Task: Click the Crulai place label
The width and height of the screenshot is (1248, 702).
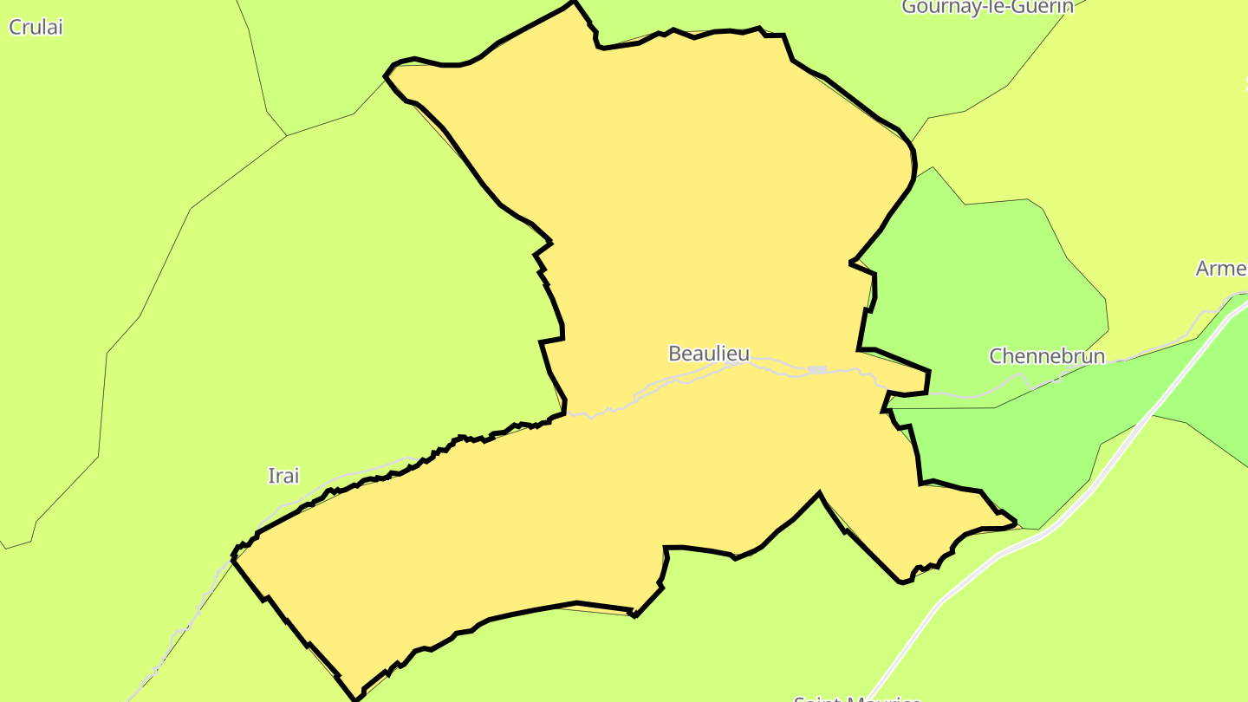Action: coord(36,27)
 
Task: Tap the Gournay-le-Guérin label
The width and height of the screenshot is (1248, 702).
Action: coord(987,7)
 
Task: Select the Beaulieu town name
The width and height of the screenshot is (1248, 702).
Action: coord(709,354)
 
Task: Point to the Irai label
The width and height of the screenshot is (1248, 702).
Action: coord(283,476)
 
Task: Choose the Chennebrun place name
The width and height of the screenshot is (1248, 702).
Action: coord(1047,356)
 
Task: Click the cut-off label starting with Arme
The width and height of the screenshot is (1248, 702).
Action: coord(1221,269)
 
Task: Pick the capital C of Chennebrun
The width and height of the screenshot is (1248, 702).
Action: coord(997,356)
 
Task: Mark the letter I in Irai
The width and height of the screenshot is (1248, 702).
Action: coord(270,476)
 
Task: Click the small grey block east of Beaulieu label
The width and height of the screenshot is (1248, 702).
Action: coord(817,370)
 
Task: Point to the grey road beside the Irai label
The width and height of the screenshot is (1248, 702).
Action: coord(347,475)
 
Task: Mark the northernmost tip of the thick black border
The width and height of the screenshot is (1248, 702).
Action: coord(573,3)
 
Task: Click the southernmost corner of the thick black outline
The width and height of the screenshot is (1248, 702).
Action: coord(355,699)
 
